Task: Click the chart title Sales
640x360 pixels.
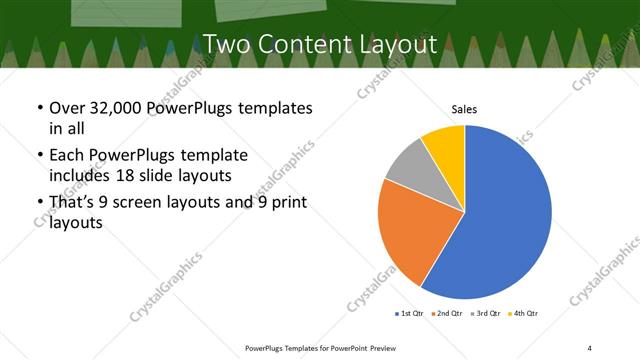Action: tap(464, 108)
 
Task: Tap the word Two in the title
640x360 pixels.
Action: tap(227, 44)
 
